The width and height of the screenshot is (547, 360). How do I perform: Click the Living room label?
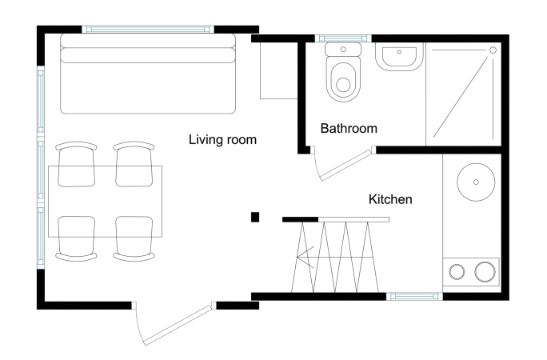click(x=222, y=140)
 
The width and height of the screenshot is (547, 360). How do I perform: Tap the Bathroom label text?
click(x=349, y=128)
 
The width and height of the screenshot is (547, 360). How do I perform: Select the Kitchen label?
click(x=390, y=199)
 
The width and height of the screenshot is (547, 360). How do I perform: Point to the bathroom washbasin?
click(x=399, y=57)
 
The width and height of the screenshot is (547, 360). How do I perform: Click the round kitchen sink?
click(x=476, y=182)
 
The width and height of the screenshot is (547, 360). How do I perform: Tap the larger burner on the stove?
click(x=485, y=271)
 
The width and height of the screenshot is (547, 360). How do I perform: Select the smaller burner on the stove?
click(x=457, y=272)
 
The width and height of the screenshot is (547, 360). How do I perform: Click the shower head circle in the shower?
click(x=493, y=50)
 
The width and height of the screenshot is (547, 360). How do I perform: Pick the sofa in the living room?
click(x=148, y=74)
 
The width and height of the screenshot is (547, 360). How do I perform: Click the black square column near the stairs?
click(x=255, y=217)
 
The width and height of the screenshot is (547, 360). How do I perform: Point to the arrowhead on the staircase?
click(x=305, y=257)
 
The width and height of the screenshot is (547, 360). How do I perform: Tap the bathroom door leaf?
click(x=346, y=165)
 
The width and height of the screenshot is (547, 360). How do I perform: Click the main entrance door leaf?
click(x=178, y=325)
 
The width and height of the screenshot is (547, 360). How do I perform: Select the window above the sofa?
click(x=148, y=30)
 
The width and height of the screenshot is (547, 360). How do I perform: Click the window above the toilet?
click(x=343, y=38)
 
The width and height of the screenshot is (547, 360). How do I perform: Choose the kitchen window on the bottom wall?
click(x=414, y=297)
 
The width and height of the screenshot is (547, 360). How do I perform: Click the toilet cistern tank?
click(x=343, y=50)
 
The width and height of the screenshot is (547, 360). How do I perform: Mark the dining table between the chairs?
click(x=105, y=202)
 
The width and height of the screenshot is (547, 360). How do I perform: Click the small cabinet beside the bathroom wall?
click(x=279, y=71)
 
